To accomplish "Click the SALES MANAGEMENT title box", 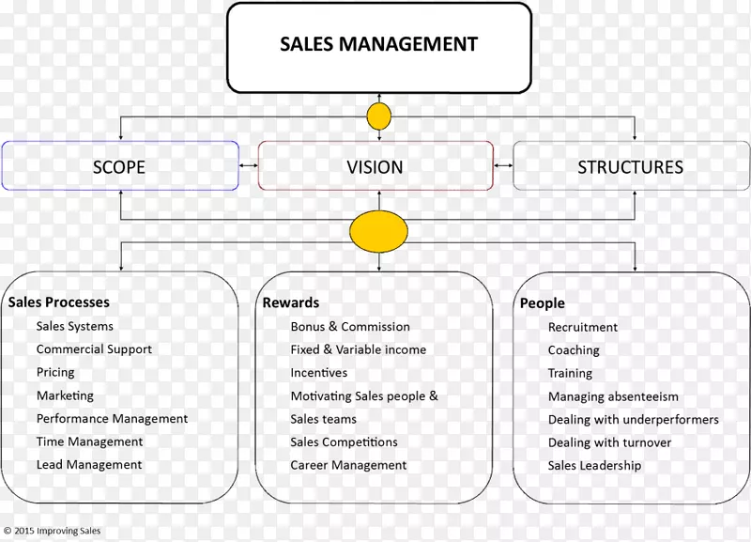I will (x=378, y=45).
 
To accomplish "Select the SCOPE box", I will (x=119, y=167).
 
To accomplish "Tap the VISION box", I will (x=375, y=167).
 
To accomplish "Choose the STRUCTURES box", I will (x=630, y=167).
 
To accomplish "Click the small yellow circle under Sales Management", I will (x=378, y=116).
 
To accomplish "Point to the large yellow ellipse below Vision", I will (x=378, y=233).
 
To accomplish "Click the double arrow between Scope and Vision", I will (x=249, y=166).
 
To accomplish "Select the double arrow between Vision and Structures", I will (x=503, y=166).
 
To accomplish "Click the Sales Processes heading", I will (x=59, y=302).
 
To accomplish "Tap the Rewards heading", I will (x=291, y=302).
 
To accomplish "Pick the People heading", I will (x=543, y=303).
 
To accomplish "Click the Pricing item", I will (x=55, y=372).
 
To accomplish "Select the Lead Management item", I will (x=89, y=464).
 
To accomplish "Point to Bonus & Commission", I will (x=350, y=327).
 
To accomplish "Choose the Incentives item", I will (x=319, y=373).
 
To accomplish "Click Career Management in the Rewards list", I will (x=348, y=465).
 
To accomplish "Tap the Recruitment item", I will (x=583, y=328).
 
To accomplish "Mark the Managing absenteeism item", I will (x=613, y=396).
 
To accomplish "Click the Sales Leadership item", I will (x=594, y=465).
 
